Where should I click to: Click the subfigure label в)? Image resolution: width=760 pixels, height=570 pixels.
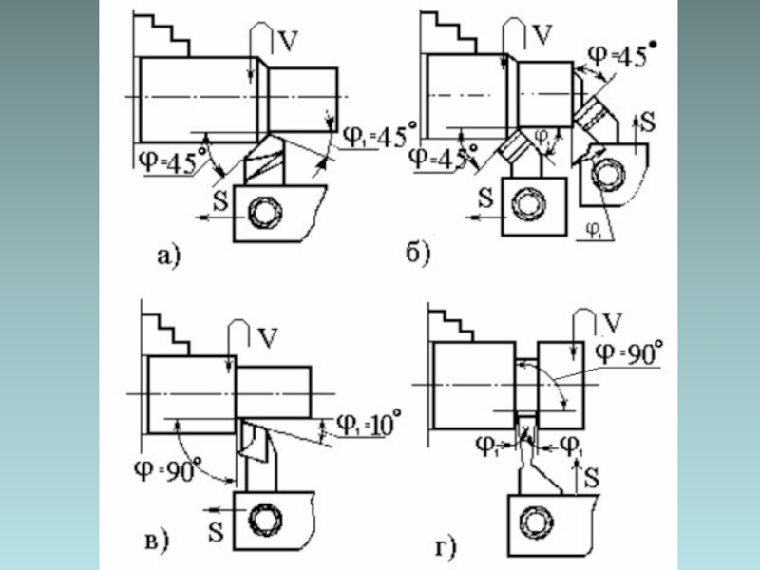pyautogui.click(x=156, y=542)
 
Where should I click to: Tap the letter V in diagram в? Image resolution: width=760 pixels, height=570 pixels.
pyautogui.click(x=268, y=337)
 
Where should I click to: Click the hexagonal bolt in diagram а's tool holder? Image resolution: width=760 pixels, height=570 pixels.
pyautogui.click(x=261, y=214)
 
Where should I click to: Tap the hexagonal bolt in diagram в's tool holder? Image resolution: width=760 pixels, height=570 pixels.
pyautogui.click(x=261, y=519)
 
